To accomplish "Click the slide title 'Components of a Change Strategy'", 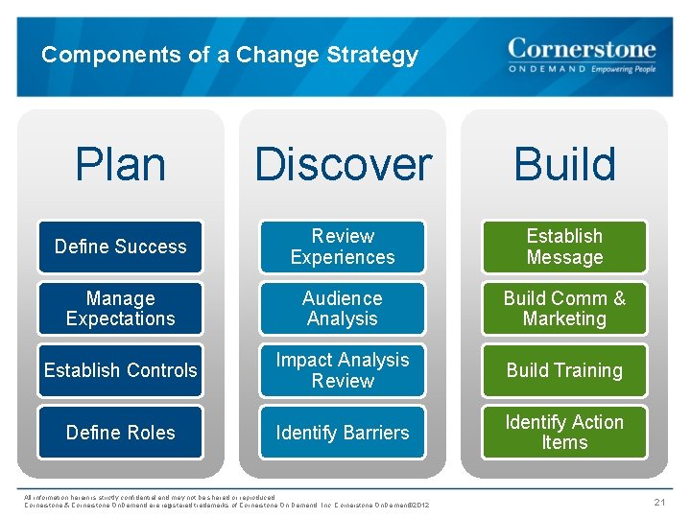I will coord(229,55).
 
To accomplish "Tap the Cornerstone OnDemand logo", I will coord(581,55).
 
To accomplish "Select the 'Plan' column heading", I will coord(120,164).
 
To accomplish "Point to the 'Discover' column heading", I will coord(343,164).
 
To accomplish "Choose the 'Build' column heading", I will coord(564,164).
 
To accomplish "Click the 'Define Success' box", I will coord(120,247).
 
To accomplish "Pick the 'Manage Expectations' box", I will coord(120,309).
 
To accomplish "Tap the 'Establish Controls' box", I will coord(120,370).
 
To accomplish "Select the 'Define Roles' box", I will coord(120,433).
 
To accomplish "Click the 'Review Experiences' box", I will coord(343,247).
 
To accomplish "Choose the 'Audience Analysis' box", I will coord(343,309).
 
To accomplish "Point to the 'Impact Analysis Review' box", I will coord(343,370).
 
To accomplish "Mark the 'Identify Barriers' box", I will coord(343,433).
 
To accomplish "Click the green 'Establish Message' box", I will coord(564,247).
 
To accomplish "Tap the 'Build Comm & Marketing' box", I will coord(564,309).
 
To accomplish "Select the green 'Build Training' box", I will coord(564,370).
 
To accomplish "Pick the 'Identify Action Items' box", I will coord(564,433).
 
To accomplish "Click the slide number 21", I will coord(659,503).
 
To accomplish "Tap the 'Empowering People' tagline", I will coord(624,70).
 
